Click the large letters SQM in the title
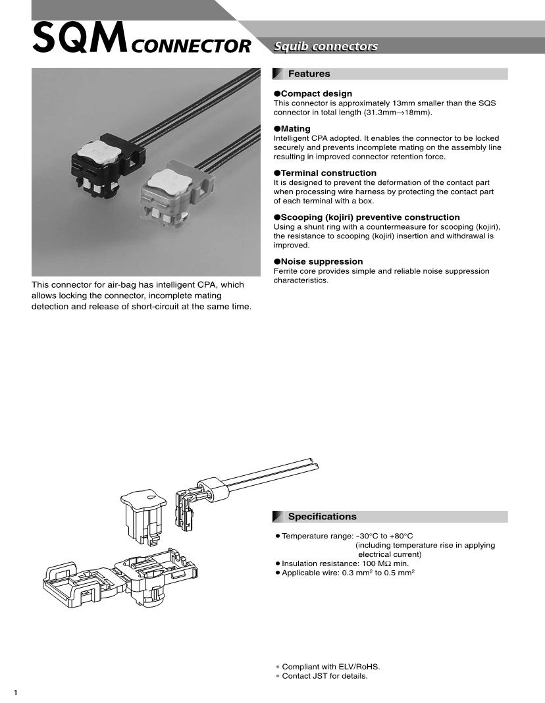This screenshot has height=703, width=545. click(80, 39)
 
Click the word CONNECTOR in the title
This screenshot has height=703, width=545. click(191, 46)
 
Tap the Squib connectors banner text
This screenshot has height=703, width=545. click(326, 46)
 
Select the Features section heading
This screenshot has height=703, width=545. click(309, 74)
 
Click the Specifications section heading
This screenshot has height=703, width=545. click(322, 517)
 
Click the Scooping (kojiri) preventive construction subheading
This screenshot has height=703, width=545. click(370, 217)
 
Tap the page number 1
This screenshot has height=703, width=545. click(16, 692)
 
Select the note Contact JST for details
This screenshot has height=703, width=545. click(324, 676)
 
